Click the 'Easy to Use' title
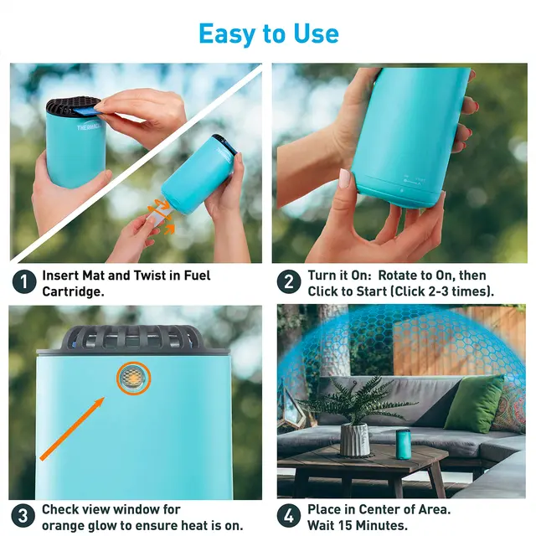(269, 33)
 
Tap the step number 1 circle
(24, 282)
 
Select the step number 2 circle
(289, 282)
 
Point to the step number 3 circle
(23, 516)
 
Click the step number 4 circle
(289, 516)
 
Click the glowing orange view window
(133, 378)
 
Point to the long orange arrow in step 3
(72, 429)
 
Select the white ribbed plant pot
(355, 440)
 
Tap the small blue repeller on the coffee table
(404, 445)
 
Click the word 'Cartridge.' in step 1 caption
(73, 291)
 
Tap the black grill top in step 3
(131, 338)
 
